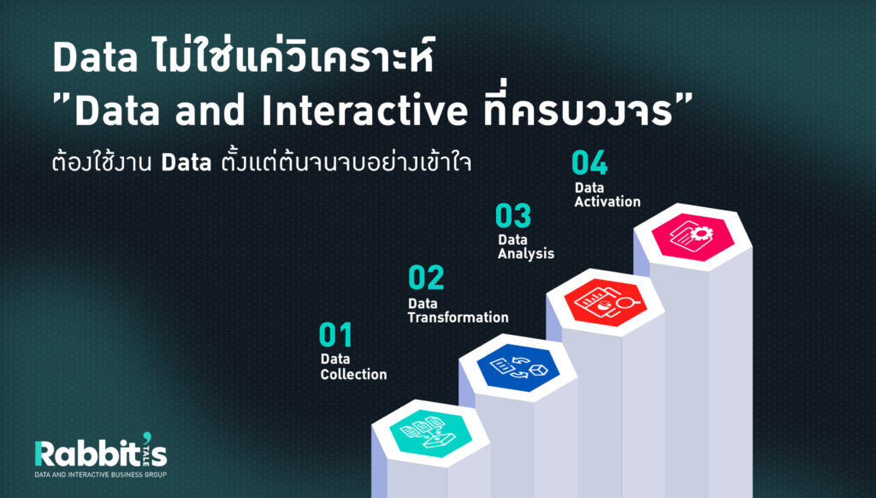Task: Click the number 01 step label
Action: point(335,335)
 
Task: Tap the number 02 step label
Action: point(426,277)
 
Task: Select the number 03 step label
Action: point(513,216)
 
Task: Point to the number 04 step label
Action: point(589,163)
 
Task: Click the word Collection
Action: point(353,374)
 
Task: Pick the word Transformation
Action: point(459,317)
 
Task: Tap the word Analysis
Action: point(526,254)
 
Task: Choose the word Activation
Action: point(607,201)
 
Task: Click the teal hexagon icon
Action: point(431,433)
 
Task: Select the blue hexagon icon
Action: point(518,367)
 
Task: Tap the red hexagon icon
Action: point(605,302)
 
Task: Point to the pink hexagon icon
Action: point(693,237)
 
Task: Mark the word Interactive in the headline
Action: point(364,110)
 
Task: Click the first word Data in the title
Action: point(95,57)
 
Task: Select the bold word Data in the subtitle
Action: point(186,163)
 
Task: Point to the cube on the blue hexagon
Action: point(539,370)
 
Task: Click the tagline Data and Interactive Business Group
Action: point(101,475)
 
